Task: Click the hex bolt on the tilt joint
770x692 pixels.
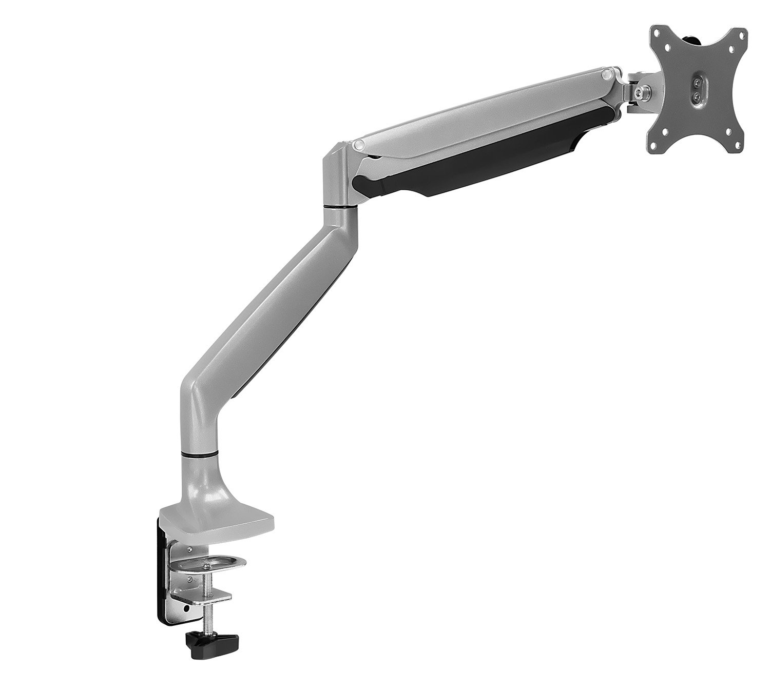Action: (637, 91)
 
